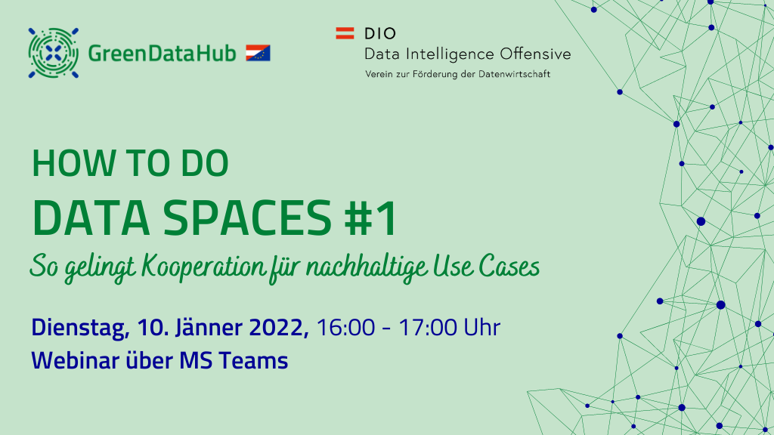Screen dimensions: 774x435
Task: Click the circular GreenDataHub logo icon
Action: coord(54,53)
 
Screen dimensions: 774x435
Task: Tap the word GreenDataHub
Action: coord(162,54)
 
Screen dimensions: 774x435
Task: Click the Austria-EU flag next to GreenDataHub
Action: coord(258,53)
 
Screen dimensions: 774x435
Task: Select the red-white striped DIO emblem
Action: coord(345,33)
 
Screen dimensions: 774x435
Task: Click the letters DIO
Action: coord(380,33)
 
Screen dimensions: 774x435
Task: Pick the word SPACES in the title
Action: coord(247,217)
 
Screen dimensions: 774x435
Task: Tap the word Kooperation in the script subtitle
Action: coord(203,267)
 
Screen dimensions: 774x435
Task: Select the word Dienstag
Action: coord(80,329)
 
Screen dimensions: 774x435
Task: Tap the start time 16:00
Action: coord(345,328)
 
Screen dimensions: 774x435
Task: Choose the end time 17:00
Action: coord(428,328)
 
